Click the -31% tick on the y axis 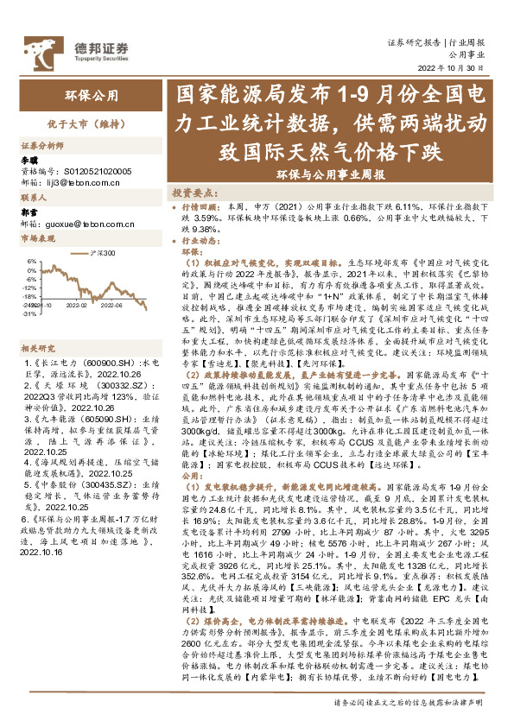29,315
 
